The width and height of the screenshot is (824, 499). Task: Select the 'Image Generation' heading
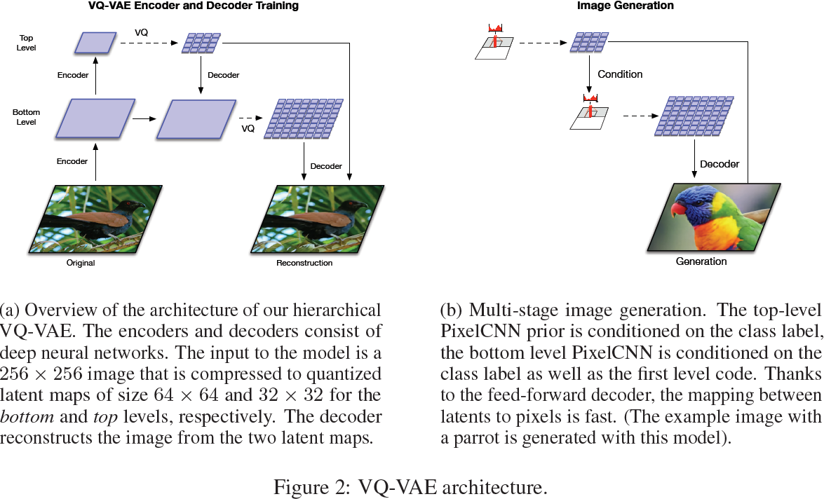coord(625,6)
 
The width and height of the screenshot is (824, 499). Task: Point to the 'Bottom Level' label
coord(26,117)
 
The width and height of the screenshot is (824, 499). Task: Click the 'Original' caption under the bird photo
coord(81,264)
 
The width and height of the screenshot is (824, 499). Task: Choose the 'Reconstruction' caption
coord(304,264)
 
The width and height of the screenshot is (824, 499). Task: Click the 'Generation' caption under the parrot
coord(701,261)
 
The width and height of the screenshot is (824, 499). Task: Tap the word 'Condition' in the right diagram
coord(620,74)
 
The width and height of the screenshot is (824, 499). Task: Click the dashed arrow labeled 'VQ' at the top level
coord(151,43)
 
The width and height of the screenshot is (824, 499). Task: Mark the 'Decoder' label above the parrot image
coord(720,164)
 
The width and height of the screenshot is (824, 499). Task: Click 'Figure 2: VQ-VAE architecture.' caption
coord(410,487)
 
